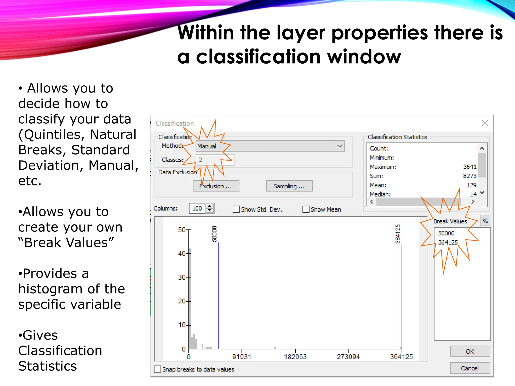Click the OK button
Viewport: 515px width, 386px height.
pyautogui.click(x=470, y=351)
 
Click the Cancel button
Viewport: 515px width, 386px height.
pyautogui.click(x=470, y=368)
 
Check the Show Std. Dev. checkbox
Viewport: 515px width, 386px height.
pyautogui.click(x=236, y=209)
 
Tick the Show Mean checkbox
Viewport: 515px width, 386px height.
pyautogui.click(x=306, y=209)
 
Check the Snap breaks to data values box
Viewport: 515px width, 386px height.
pyautogui.click(x=157, y=369)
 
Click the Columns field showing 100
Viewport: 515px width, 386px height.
pyautogui.click(x=197, y=208)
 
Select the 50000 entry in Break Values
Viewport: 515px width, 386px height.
pyautogui.click(x=446, y=233)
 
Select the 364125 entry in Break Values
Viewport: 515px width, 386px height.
pyautogui.click(x=448, y=243)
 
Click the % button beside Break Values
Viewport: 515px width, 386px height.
pyautogui.click(x=485, y=221)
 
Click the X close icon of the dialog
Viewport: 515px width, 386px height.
pyautogui.click(x=485, y=123)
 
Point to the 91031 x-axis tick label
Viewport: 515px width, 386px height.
pyautogui.click(x=242, y=357)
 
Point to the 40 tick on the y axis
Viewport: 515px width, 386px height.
pyautogui.click(x=182, y=253)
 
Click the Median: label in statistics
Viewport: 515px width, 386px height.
pyautogui.click(x=380, y=194)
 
